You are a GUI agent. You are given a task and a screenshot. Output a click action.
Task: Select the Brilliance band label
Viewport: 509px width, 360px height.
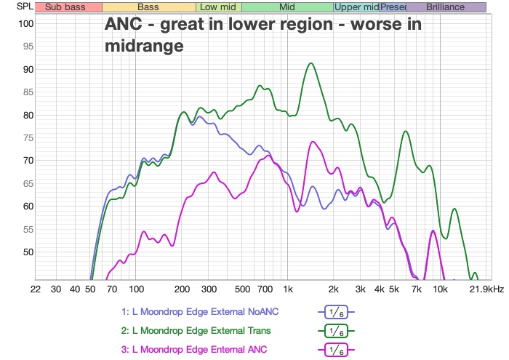[446, 7]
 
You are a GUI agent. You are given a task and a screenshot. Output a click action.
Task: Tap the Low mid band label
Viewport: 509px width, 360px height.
[218, 7]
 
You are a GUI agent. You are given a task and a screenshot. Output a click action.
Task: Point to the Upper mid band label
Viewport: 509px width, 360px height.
[356, 7]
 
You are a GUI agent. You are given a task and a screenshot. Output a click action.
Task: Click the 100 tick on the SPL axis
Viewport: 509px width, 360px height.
[26, 24]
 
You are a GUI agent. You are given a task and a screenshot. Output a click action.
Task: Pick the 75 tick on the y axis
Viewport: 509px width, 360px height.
[28, 138]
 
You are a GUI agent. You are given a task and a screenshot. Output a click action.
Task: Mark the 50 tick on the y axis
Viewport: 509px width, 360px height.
[28, 252]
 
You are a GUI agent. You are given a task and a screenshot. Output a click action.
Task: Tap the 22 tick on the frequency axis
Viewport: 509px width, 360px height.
[35, 289]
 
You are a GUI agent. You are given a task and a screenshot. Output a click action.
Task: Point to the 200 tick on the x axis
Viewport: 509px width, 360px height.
[183, 289]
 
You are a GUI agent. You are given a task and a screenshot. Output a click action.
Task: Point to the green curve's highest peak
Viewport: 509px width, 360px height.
[311, 63]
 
